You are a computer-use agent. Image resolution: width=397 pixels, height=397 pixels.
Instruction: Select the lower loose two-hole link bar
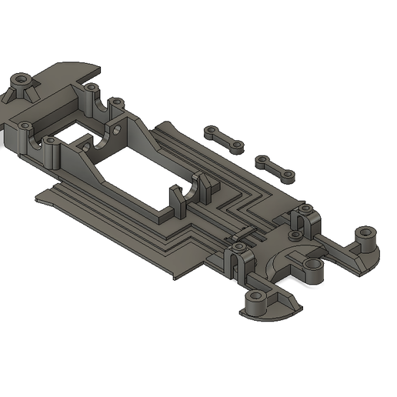pos(275,166)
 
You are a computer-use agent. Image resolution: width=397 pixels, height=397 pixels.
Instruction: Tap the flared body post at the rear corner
pos(21,82)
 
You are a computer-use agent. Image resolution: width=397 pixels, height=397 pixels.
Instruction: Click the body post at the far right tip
pos(365,235)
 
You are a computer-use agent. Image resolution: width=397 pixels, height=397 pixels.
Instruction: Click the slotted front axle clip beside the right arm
pos(304,220)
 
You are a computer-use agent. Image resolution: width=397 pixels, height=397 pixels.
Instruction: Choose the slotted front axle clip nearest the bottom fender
pos(238,258)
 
